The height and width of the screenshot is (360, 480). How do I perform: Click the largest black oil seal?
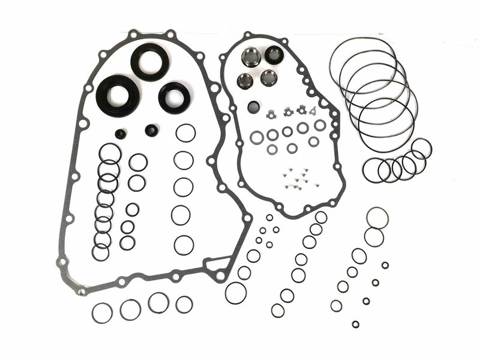pos(118,94)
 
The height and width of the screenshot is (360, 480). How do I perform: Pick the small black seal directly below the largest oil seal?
pos(121,133)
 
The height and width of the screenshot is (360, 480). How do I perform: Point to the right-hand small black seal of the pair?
pos(152,130)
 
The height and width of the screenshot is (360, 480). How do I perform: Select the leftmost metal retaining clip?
pos(271,112)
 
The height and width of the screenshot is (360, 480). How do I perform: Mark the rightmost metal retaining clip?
pos(313,110)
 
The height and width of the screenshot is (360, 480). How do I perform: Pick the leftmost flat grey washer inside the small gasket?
pos(257,137)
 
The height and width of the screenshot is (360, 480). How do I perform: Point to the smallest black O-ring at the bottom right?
pos(356,324)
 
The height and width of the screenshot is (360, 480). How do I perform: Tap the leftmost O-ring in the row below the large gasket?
pos(102,313)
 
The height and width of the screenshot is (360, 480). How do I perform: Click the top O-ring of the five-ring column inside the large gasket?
pos(185,133)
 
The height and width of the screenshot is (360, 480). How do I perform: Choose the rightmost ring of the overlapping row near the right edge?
pos(421,149)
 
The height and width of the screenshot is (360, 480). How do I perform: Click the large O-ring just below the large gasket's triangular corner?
pos(236,293)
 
